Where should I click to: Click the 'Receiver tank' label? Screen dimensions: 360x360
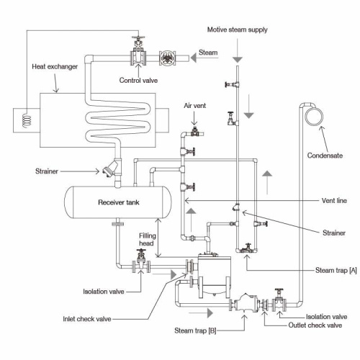119,202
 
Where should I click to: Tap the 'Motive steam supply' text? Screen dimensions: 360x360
237,30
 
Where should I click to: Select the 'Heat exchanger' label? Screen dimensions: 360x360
55,66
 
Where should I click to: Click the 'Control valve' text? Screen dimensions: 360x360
138,80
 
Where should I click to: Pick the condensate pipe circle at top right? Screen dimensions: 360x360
314,117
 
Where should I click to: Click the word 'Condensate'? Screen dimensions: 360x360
325,156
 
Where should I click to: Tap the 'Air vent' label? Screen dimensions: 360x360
195,106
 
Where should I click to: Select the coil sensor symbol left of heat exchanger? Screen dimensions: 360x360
27,121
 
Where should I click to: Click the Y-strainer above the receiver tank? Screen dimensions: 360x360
111,168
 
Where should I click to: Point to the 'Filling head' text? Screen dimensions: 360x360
148,240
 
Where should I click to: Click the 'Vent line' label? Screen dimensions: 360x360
334,201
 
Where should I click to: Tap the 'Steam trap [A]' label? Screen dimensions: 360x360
336,271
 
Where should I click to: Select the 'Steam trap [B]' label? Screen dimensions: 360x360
195,330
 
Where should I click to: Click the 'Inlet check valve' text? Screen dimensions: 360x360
87,319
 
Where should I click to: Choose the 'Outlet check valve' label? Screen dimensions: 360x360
315,325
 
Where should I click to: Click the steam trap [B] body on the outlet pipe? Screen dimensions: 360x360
245,303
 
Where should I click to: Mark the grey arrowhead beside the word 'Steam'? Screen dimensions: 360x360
194,58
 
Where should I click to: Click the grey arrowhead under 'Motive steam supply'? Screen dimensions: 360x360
238,60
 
